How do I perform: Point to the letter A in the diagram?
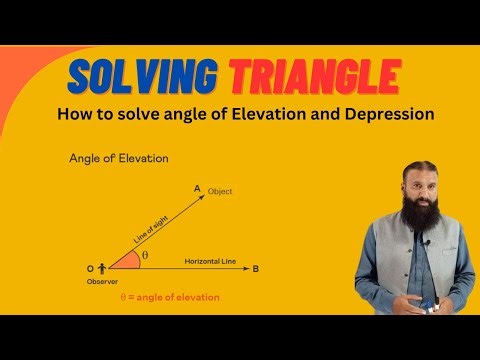[x=197, y=187]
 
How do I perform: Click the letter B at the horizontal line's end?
[x=256, y=268]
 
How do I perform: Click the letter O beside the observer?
[x=91, y=268]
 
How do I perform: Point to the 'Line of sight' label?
[x=152, y=229]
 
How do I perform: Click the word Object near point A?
[x=219, y=191]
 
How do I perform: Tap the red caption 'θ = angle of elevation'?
[x=169, y=297]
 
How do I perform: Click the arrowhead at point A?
[x=204, y=197]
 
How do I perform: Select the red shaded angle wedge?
[x=125, y=262]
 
